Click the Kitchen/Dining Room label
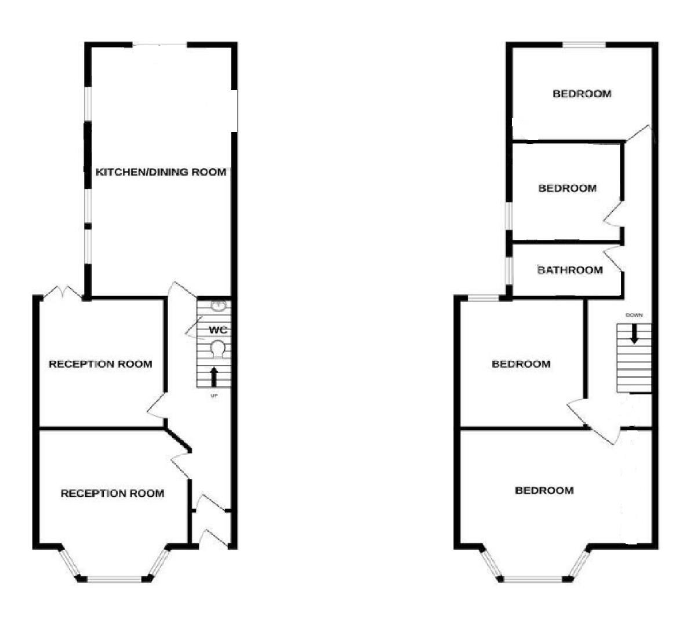[x=161, y=172]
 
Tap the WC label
[x=217, y=330]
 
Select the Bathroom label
[x=569, y=270]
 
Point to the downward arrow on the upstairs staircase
[x=634, y=334]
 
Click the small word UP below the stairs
[x=214, y=396]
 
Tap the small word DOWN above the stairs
[x=633, y=315]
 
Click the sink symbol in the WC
[x=218, y=305]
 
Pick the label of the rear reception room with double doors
[x=100, y=364]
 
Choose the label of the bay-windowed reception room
[x=112, y=493]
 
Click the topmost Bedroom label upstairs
[x=582, y=94]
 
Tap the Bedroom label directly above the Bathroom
[x=567, y=188]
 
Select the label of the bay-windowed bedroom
[x=544, y=491]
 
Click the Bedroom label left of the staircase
[x=521, y=364]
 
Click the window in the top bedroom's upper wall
[x=584, y=45]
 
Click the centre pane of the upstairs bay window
[x=533, y=578]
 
